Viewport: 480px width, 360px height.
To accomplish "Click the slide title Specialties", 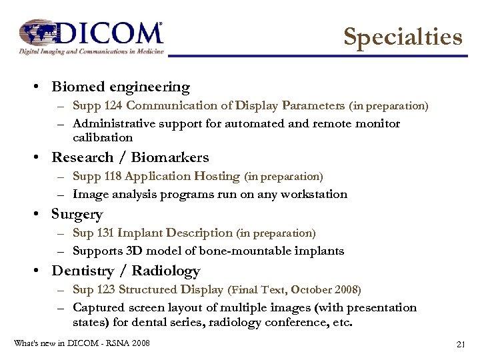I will click(403, 37).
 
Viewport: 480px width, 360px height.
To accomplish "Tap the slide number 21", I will click(459, 345).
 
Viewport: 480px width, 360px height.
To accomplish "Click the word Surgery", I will click(77, 215).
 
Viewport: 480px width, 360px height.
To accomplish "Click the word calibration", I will click(103, 138).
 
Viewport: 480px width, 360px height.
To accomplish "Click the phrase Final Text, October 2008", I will click(295, 290).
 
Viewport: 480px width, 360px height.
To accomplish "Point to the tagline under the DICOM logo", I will click(91, 51).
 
